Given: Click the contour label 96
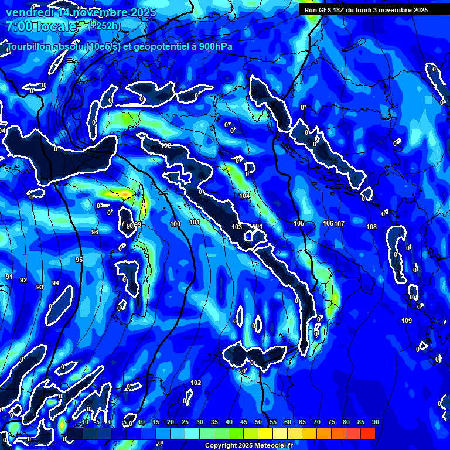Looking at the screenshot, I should [x=95, y=233].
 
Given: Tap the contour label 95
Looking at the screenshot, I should [x=79, y=260].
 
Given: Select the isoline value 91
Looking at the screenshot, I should [x=9, y=277].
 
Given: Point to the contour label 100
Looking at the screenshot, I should [x=175, y=224].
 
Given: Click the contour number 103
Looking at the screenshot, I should [x=237, y=227].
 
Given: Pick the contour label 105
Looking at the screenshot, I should [x=299, y=223].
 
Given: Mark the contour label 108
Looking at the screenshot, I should [x=371, y=227].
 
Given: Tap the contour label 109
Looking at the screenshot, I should [x=407, y=321].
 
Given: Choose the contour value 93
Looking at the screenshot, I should [x=40, y=287].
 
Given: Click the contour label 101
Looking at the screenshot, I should [x=195, y=222].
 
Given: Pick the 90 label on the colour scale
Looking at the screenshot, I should [x=375, y=422].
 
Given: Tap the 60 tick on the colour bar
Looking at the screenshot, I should [x=287, y=422].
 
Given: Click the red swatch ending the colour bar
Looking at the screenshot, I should [x=367, y=434].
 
